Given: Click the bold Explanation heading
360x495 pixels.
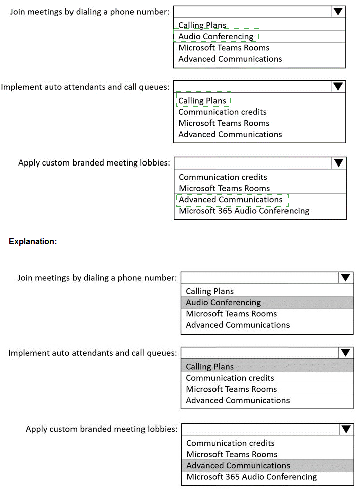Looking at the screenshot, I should pyautogui.click(x=33, y=241).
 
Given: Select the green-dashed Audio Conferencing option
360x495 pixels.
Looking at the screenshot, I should pyautogui.click(x=216, y=37).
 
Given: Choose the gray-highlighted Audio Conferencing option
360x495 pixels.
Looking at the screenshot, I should pyautogui.click(x=224, y=303).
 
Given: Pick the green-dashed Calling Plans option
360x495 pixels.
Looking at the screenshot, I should pyautogui.click(x=202, y=101).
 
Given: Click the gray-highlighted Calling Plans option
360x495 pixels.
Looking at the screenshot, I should pyautogui.click(x=210, y=367).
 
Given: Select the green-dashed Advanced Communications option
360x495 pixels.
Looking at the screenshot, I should pyautogui.click(x=231, y=200).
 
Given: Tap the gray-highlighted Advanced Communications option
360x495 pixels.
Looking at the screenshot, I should pyautogui.click(x=238, y=466).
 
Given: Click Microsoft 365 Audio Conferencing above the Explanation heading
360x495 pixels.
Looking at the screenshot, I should pyautogui.click(x=244, y=211).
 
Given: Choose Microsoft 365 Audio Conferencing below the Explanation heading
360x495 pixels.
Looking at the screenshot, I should pyautogui.click(x=252, y=477).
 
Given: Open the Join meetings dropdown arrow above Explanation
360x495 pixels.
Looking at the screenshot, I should pyautogui.click(x=338, y=12).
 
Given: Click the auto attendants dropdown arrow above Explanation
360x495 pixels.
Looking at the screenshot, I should pyautogui.click(x=338, y=87).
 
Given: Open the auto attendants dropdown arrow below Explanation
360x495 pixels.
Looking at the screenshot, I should pyautogui.click(x=346, y=353).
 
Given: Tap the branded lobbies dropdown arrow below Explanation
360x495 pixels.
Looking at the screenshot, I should pyautogui.click(x=346, y=429).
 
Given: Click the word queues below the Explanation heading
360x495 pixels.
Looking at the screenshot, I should pyautogui.click(x=162, y=353).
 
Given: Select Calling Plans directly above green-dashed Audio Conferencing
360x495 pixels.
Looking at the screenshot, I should pyautogui.click(x=202, y=25).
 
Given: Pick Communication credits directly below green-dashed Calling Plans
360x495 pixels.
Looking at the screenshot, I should pyautogui.click(x=223, y=112).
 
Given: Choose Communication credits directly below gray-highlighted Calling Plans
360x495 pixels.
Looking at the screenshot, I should pyautogui.click(x=230, y=378).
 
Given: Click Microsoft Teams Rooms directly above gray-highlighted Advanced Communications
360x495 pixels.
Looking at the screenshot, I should pyautogui.click(x=232, y=454).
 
